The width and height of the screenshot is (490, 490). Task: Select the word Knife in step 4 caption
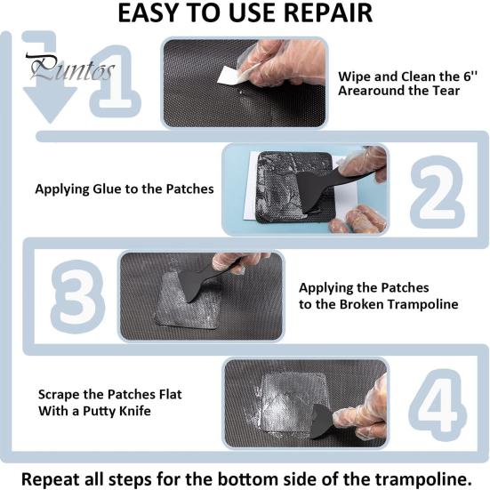coord(129,410)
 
